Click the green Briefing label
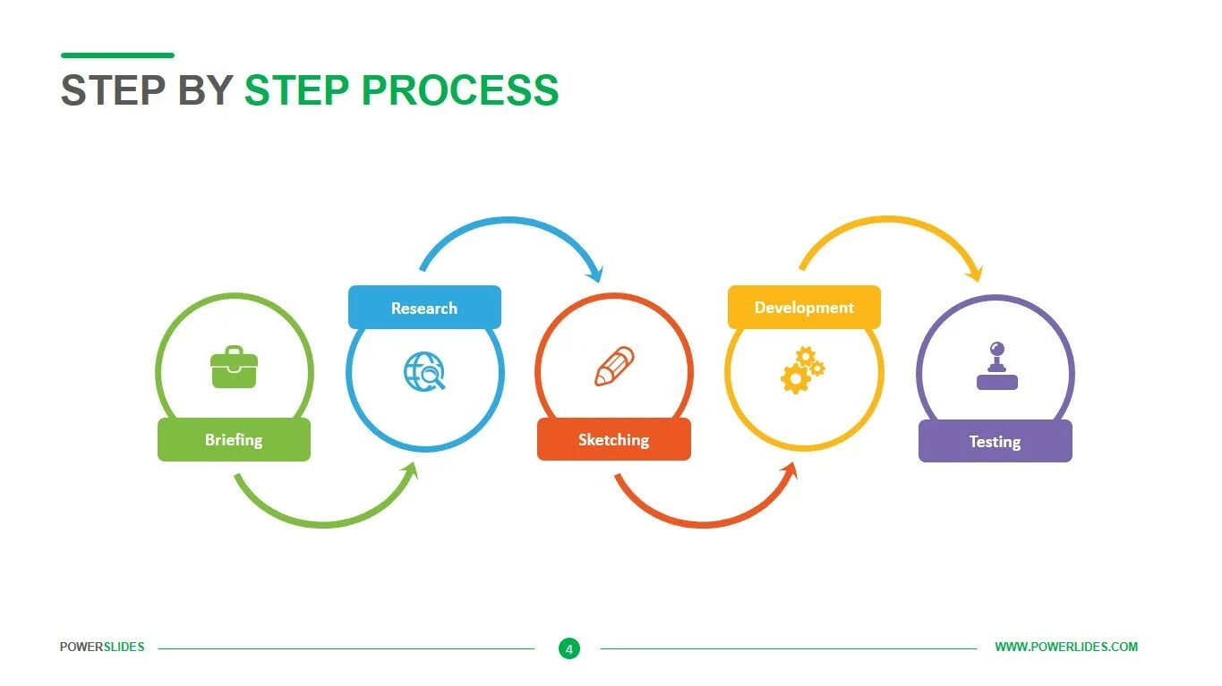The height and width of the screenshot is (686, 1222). pyautogui.click(x=234, y=440)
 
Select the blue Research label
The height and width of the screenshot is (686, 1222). pyautogui.click(x=424, y=308)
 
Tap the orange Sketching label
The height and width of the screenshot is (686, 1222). pyautogui.click(x=613, y=440)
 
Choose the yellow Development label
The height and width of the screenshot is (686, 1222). pyautogui.click(x=804, y=308)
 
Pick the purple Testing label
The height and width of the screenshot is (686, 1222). pyautogui.click(x=995, y=441)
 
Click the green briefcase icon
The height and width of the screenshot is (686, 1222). pyautogui.click(x=234, y=368)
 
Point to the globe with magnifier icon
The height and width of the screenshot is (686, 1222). pyautogui.click(x=424, y=370)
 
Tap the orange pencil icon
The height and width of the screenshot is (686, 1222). pyautogui.click(x=614, y=367)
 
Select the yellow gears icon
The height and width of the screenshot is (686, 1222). pyautogui.click(x=803, y=369)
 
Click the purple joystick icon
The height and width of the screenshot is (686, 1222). pyautogui.click(x=996, y=367)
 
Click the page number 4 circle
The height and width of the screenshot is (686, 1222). pyautogui.click(x=568, y=648)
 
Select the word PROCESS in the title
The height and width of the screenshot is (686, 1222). pyautogui.click(x=460, y=90)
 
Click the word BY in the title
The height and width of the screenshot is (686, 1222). pyautogui.click(x=205, y=90)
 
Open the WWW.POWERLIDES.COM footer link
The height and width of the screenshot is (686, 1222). pyautogui.click(x=1066, y=647)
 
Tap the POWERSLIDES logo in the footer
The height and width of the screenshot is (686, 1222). pyautogui.click(x=102, y=647)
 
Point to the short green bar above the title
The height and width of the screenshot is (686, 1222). pyautogui.click(x=117, y=55)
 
